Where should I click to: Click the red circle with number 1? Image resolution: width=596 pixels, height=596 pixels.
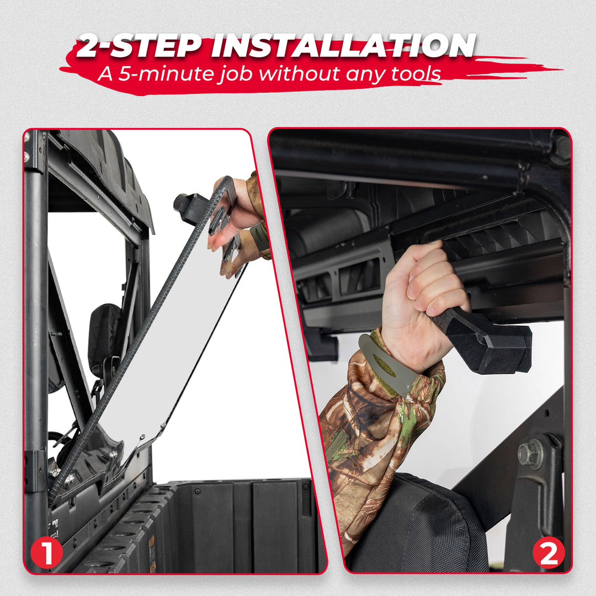click(47, 552)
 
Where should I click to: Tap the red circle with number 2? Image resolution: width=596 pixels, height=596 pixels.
click(549, 552)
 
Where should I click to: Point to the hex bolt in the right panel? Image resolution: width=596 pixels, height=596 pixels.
click(530, 454)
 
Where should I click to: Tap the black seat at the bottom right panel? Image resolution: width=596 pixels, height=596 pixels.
click(419, 530)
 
